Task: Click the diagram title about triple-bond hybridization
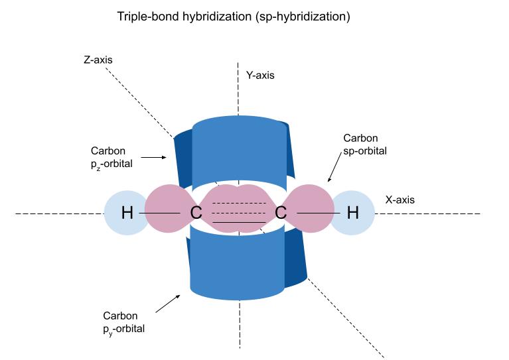click(x=232, y=17)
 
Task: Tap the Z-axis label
click(x=98, y=60)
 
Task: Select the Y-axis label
click(x=260, y=76)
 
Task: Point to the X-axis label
click(x=400, y=198)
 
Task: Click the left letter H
click(x=127, y=213)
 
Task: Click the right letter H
click(x=353, y=213)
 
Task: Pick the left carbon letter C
click(x=196, y=213)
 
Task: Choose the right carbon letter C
click(x=281, y=213)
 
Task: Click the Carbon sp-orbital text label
click(x=364, y=145)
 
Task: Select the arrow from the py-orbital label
click(x=168, y=304)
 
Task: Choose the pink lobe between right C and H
click(x=311, y=209)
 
